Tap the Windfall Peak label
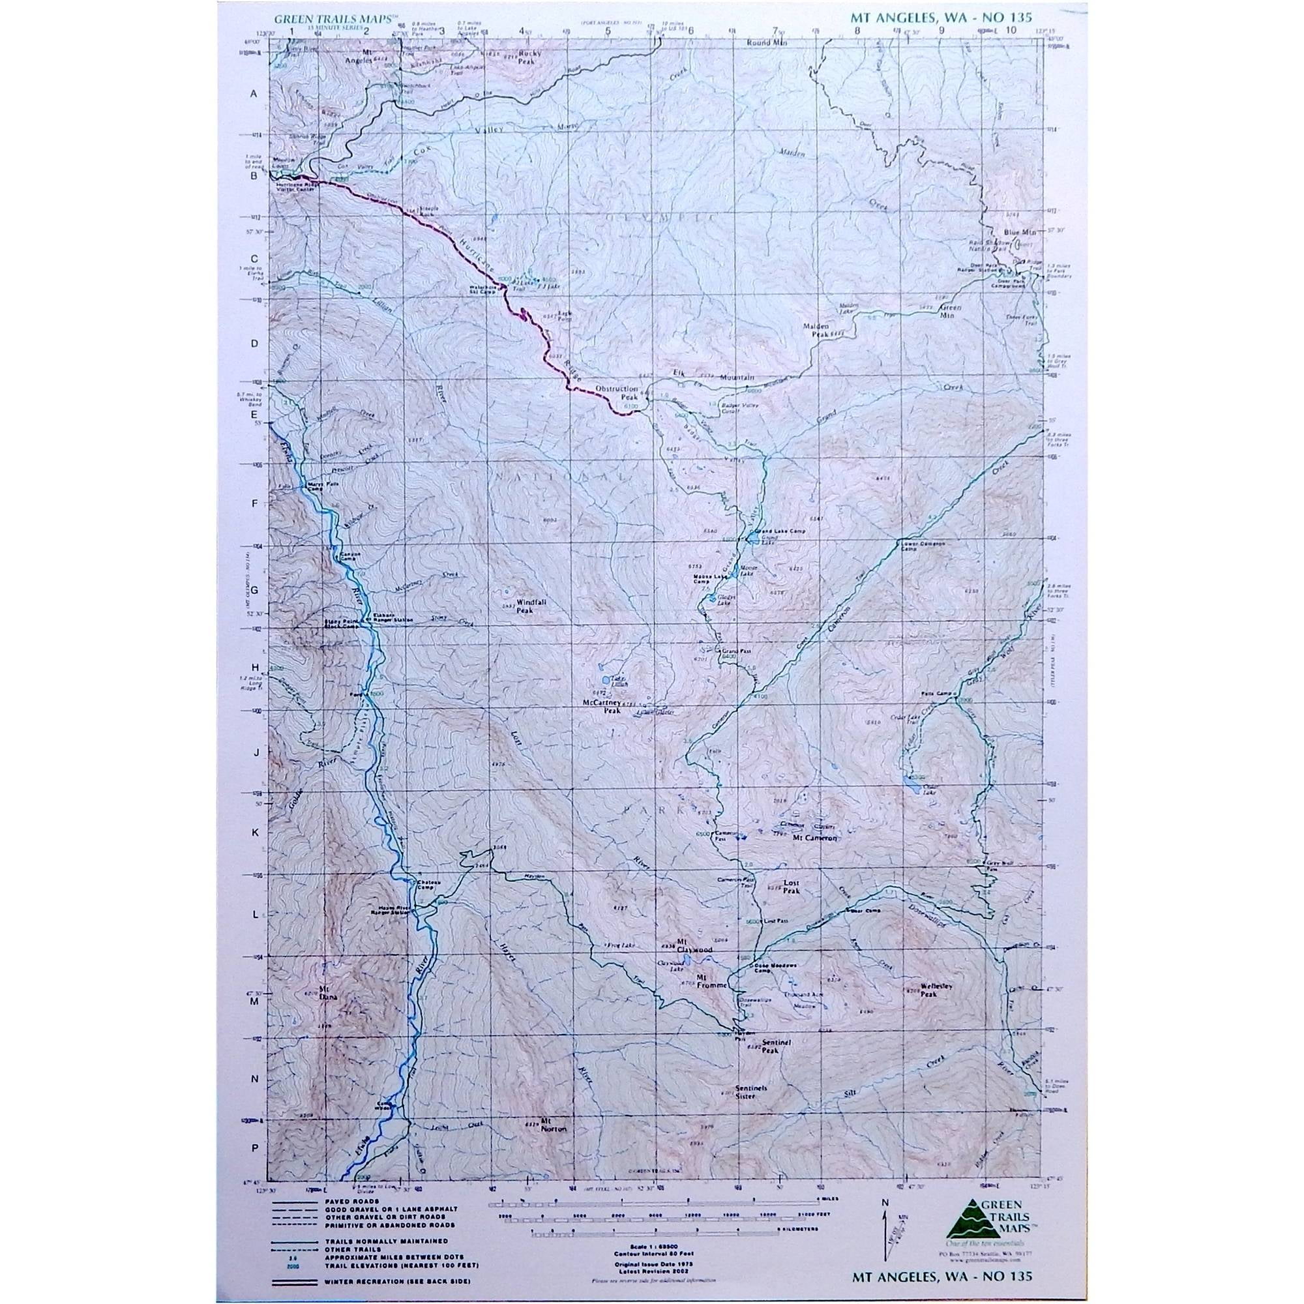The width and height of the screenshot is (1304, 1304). [x=530, y=605]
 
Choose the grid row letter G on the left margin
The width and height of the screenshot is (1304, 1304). [x=255, y=589]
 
